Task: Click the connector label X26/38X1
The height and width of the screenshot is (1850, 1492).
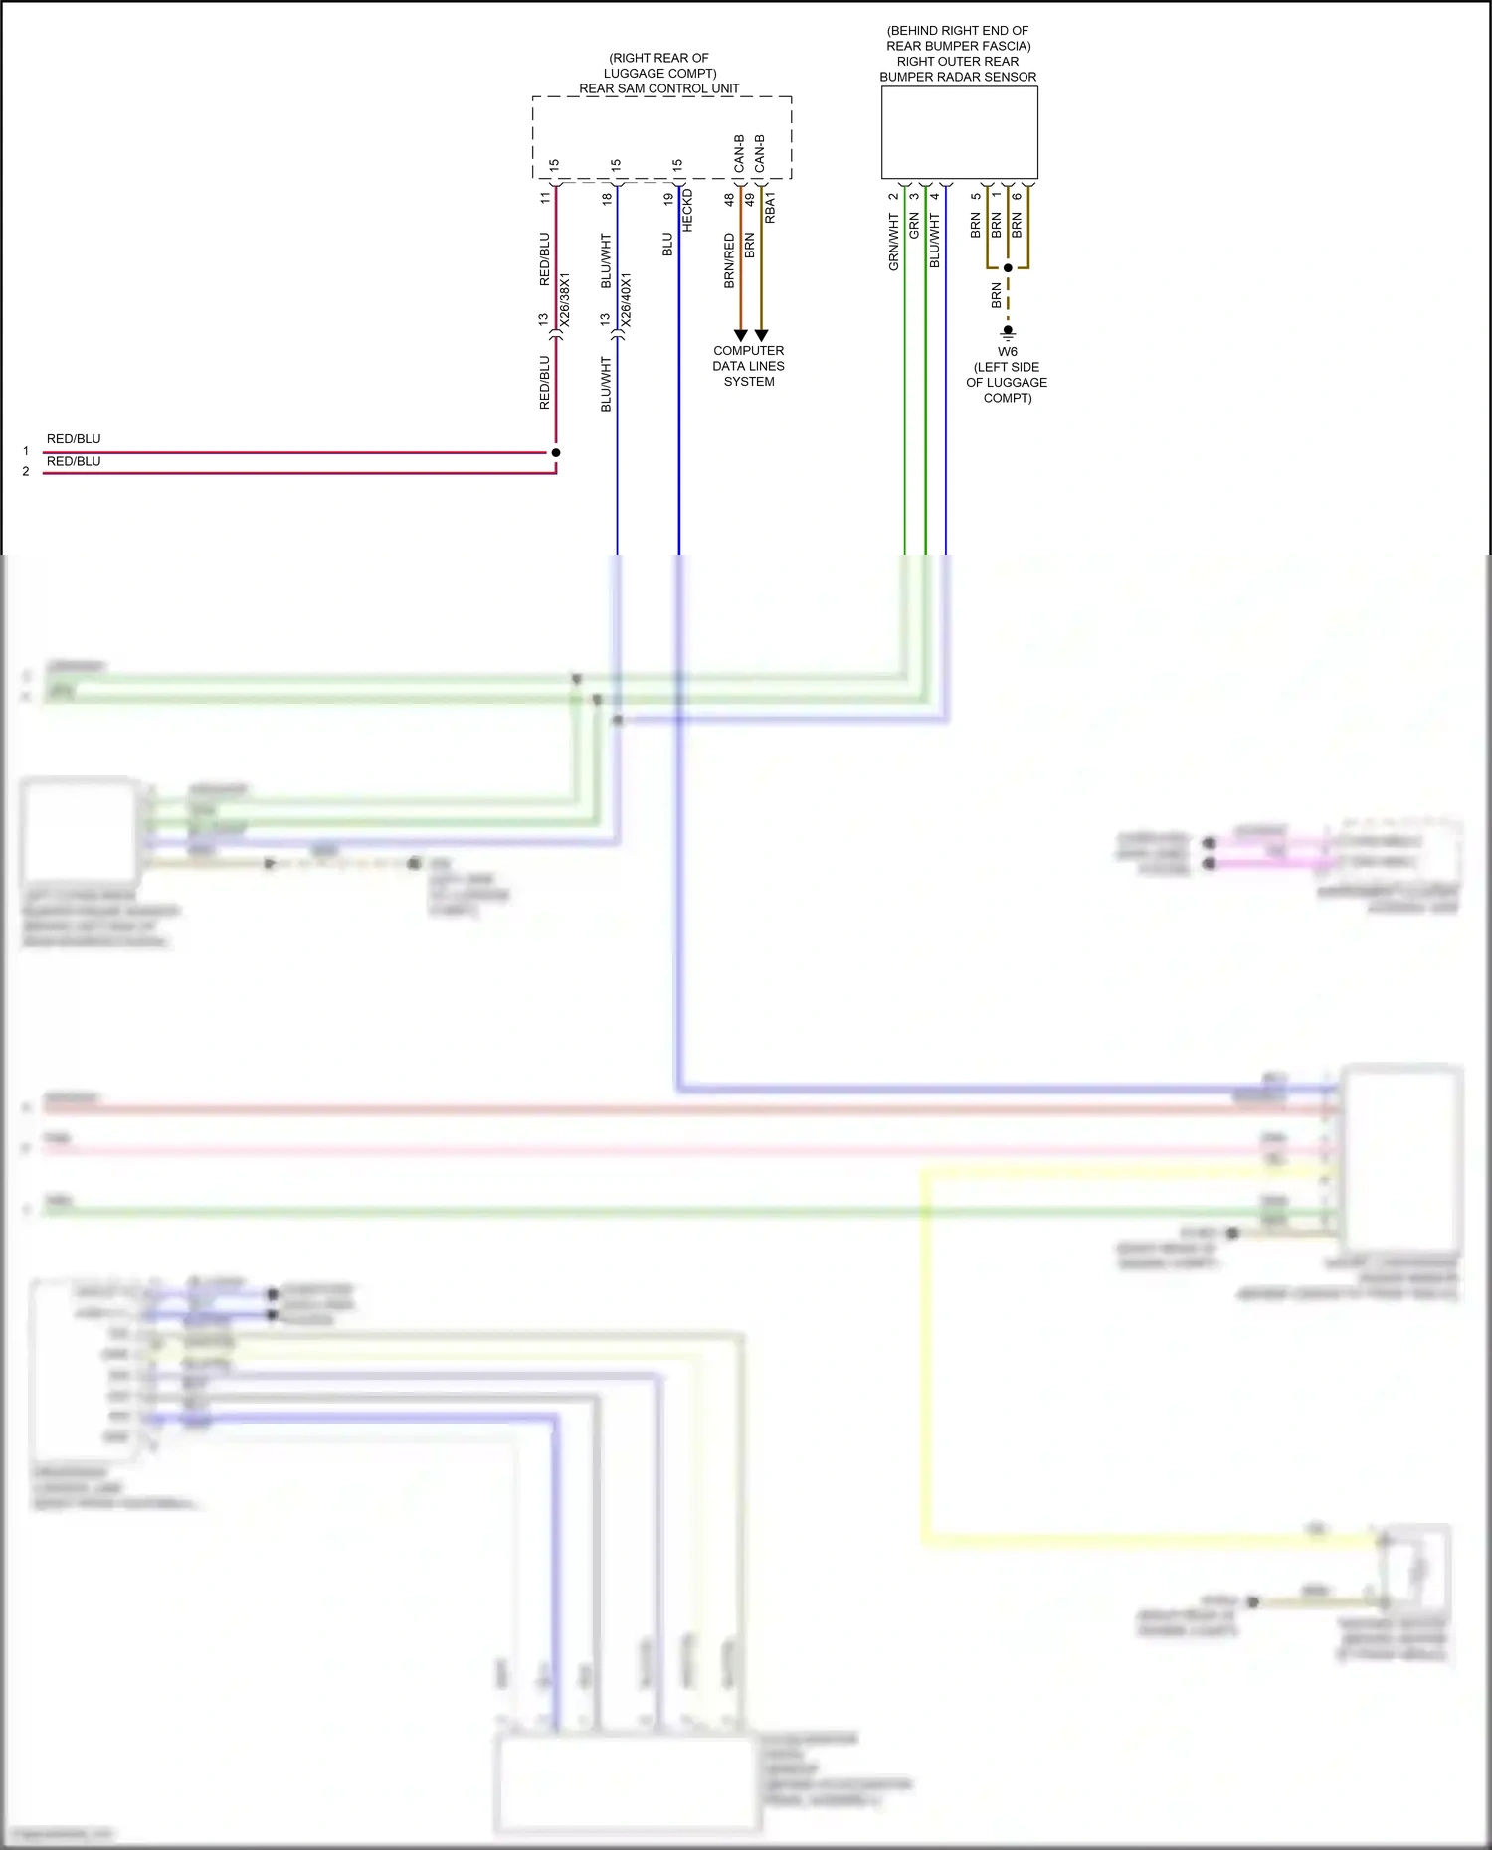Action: (565, 300)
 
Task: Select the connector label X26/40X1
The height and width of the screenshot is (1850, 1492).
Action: (626, 300)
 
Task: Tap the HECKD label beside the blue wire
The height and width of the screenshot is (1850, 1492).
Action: (687, 211)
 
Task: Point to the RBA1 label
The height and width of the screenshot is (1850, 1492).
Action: (770, 208)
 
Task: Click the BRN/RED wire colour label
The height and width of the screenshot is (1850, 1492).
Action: (729, 261)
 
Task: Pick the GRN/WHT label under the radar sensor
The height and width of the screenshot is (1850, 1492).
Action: (893, 242)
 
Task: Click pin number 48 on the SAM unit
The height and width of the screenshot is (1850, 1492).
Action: (729, 199)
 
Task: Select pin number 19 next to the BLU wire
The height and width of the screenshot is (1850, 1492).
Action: (668, 199)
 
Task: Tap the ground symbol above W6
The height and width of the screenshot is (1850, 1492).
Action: (1008, 332)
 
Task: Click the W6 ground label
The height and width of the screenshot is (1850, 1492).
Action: (1008, 351)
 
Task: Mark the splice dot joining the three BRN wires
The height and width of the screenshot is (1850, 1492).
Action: (1008, 268)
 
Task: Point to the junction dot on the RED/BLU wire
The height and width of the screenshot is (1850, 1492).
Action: (556, 452)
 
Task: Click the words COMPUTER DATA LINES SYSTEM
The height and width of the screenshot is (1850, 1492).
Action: (749, 366)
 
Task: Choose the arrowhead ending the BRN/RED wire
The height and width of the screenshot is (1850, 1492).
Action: (740, 336)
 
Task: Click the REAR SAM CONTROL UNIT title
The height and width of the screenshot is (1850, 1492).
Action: (659, 88)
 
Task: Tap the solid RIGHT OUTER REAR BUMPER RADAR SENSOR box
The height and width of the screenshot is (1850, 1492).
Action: (959, 132)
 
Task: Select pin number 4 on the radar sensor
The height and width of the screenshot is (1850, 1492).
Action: (935, 196)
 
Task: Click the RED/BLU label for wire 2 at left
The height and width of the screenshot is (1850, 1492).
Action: (74, 461)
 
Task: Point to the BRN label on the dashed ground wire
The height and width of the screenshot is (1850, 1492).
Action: (996, 295)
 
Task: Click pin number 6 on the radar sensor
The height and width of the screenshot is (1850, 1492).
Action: (1017, 196)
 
